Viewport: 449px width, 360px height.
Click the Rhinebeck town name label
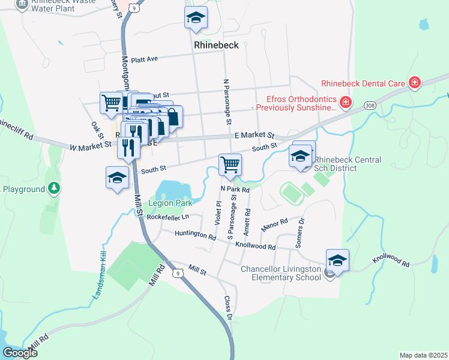pyautogui.click(x=216, y=45)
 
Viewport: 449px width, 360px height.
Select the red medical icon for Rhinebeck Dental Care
pyautogui.click(x=414, y=82)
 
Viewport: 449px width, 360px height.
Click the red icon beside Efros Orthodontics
pyautogui.click(x=345, y=103)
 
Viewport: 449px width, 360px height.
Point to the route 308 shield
pyautogui.click(x=369, y=106)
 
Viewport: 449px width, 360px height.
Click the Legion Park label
pyautogui.click(x=169, y=203)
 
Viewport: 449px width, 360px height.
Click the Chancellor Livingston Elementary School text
pyautogui.click(x=281, y=274)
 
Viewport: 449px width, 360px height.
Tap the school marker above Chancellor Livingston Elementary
pyautogui.click(x=338, y=260)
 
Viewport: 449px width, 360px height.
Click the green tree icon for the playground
pyautogui.click(x=55, y=189)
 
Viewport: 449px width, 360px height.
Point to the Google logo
pyautogui.click(x=20, y=353)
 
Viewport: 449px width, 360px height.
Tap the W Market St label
pyautogui.click(x=90, y=145)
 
